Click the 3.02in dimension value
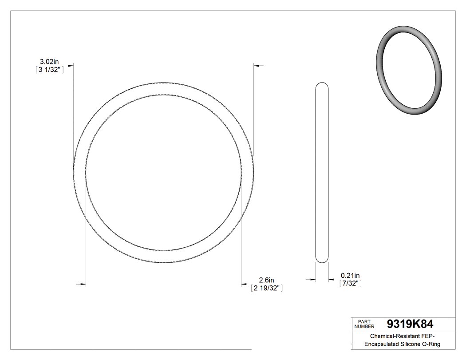[x=49, y=61]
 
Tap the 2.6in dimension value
[x=266, y=280]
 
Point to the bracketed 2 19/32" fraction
[x=267, y=288]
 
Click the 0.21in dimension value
[x=350, y=275]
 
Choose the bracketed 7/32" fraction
[x=350, y=283]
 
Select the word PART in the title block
[x=364, y=321]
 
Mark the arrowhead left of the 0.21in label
[x=331, y=280]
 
